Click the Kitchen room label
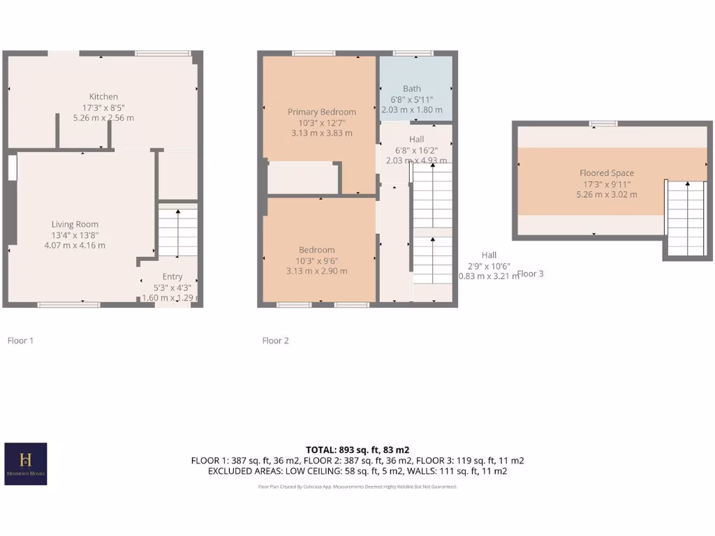pos(103,96)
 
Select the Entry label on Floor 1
pos(172,276)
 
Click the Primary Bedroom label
pos(321,112)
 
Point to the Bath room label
pos(412,89)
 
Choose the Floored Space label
pos(606,173)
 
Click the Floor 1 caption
pos(20,341)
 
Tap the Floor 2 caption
pos(275,341)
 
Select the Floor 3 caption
pos(531,274)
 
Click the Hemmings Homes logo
pos(26,463)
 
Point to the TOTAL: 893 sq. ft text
pos(357,449)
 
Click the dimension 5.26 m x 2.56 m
pos(103,118)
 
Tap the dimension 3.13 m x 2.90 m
pos(316,271)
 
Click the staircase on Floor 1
pos(177,232)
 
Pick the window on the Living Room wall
pos(68,304)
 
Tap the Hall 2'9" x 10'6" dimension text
pos(488,265)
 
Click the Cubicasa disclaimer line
pos(357,486)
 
